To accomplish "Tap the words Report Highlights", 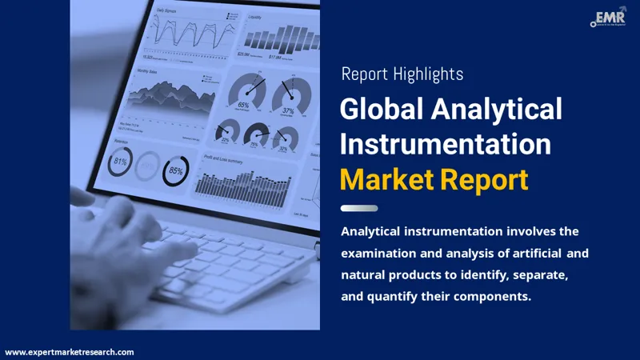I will [402, 74].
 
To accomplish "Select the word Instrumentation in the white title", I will [446, 144].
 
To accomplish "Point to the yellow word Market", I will [387, 179].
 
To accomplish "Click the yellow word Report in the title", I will [484, 179].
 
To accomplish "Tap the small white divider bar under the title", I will [359, 208].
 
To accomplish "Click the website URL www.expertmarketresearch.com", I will [70, 352].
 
